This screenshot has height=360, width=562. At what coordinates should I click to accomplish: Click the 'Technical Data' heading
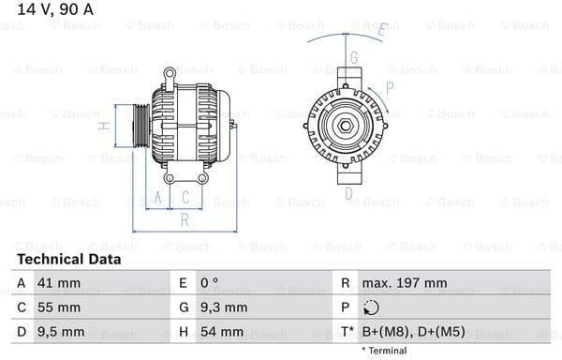pyautogui.click(x=68, y=259)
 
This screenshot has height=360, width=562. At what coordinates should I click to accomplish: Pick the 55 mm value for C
pyautogui.click(x=61, y=307)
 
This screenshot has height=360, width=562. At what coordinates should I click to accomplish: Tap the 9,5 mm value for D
pyautogui.click(x=63, y=332)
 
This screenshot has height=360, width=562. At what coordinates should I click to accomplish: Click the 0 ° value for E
pyautogui.click(x=211, y=282)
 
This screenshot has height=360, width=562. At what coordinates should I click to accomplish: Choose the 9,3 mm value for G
pyautogui.click(x=224, y=307)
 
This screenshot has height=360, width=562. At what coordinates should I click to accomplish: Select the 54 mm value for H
pyautogui.click(x=221, y=332)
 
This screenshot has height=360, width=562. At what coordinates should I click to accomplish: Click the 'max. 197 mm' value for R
pyautogui.click(x=405, y=282)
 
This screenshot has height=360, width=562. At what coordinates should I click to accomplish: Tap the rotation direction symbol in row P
pyautogui.click(x=371, y=307)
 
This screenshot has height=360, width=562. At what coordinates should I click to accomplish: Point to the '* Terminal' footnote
pyautogui.click(x=383, y=351)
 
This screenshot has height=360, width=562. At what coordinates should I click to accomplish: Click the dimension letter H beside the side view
pyautogui.click(x=105, y=124)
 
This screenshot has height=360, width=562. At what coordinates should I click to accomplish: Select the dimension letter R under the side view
pyautogui.click(x=185, y=219)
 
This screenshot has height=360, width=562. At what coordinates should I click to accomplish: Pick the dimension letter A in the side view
pyautogui.click(x=158, y=197)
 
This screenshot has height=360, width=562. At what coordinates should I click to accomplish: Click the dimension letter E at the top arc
pyautogui.click(x=381, y=30)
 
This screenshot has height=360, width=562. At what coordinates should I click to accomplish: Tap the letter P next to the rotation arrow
pyautogui.click(x=389, y=87)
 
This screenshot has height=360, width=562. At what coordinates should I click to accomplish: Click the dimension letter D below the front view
pyautogui.click(x=348, y=194)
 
